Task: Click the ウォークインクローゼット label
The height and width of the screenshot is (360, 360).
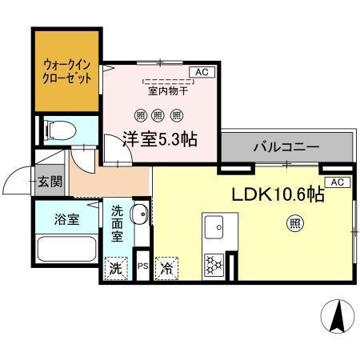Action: [x=66, y=70]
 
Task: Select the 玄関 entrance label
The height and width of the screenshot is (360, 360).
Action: [x=50, y=181]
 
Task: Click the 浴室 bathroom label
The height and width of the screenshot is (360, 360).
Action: [x=66, y=218]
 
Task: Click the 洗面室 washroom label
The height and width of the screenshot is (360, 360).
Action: [x=118, y=223]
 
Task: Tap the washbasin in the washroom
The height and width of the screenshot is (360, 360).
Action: [x=138, y=214]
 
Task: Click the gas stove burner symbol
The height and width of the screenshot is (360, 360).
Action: [x=214, y=263]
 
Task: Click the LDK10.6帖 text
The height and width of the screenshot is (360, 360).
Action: [x=278, y=195]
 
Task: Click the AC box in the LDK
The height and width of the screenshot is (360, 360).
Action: [x=337, y=182]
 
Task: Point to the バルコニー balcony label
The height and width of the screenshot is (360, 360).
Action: [x=286, y=147]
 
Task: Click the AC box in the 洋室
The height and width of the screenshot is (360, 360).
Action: [x=201, y=72]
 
